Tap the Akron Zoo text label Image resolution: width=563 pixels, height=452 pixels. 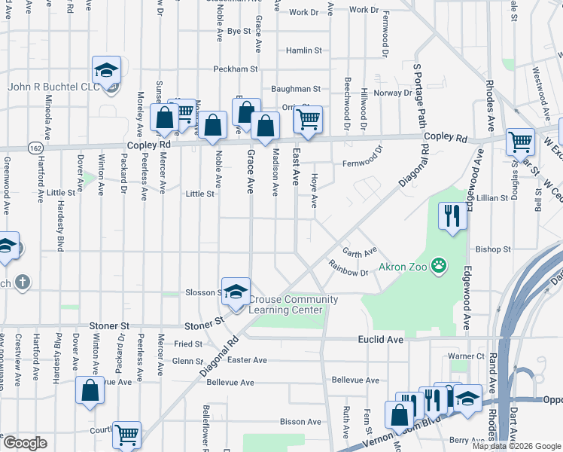[x=402, y=267]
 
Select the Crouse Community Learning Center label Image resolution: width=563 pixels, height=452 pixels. [x=292, y=304]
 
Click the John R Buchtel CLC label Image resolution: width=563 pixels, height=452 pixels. [x=53, y=87]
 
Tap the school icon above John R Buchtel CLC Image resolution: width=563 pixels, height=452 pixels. [x=106, y=71]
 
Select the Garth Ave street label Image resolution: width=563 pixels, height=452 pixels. [x=359, y=250]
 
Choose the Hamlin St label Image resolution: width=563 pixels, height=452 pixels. [x=303, y=50]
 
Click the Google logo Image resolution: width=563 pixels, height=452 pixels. [x=25, y=442]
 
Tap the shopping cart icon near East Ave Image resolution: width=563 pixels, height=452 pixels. [x=307, y=120]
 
